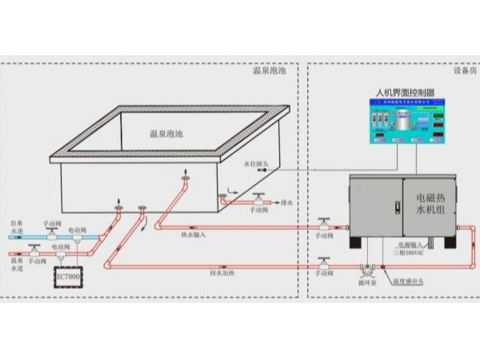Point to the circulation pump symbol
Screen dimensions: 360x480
click(367, 271)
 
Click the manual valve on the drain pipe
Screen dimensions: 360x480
click(258, 198)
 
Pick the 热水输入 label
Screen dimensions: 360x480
click(194, 234)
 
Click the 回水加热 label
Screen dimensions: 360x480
click(222, 273)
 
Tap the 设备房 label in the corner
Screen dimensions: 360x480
click(464, 70)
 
